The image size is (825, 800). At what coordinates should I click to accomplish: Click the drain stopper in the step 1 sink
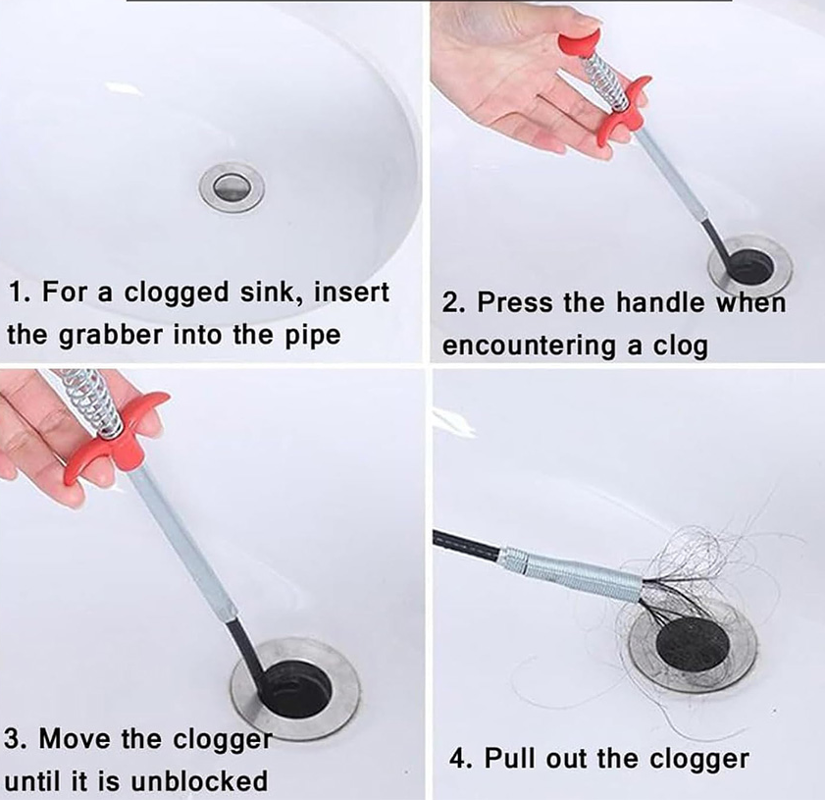(x=232, y=187)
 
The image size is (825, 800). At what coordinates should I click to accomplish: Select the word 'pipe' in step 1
(x=313, y=337)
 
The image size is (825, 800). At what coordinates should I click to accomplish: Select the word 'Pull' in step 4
(x=509, y=759)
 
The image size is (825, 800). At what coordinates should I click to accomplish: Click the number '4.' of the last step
(x=462, y=760)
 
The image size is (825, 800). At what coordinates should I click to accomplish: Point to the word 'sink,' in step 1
(x=272, y=293)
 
